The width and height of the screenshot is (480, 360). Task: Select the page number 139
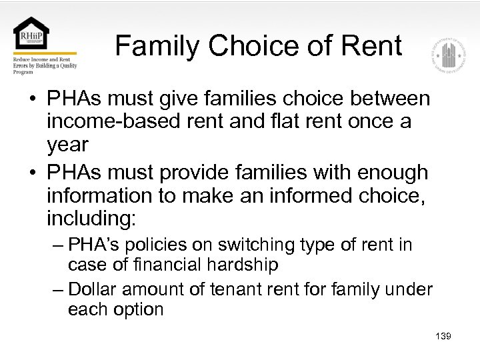443,336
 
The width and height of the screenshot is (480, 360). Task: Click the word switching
242,245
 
